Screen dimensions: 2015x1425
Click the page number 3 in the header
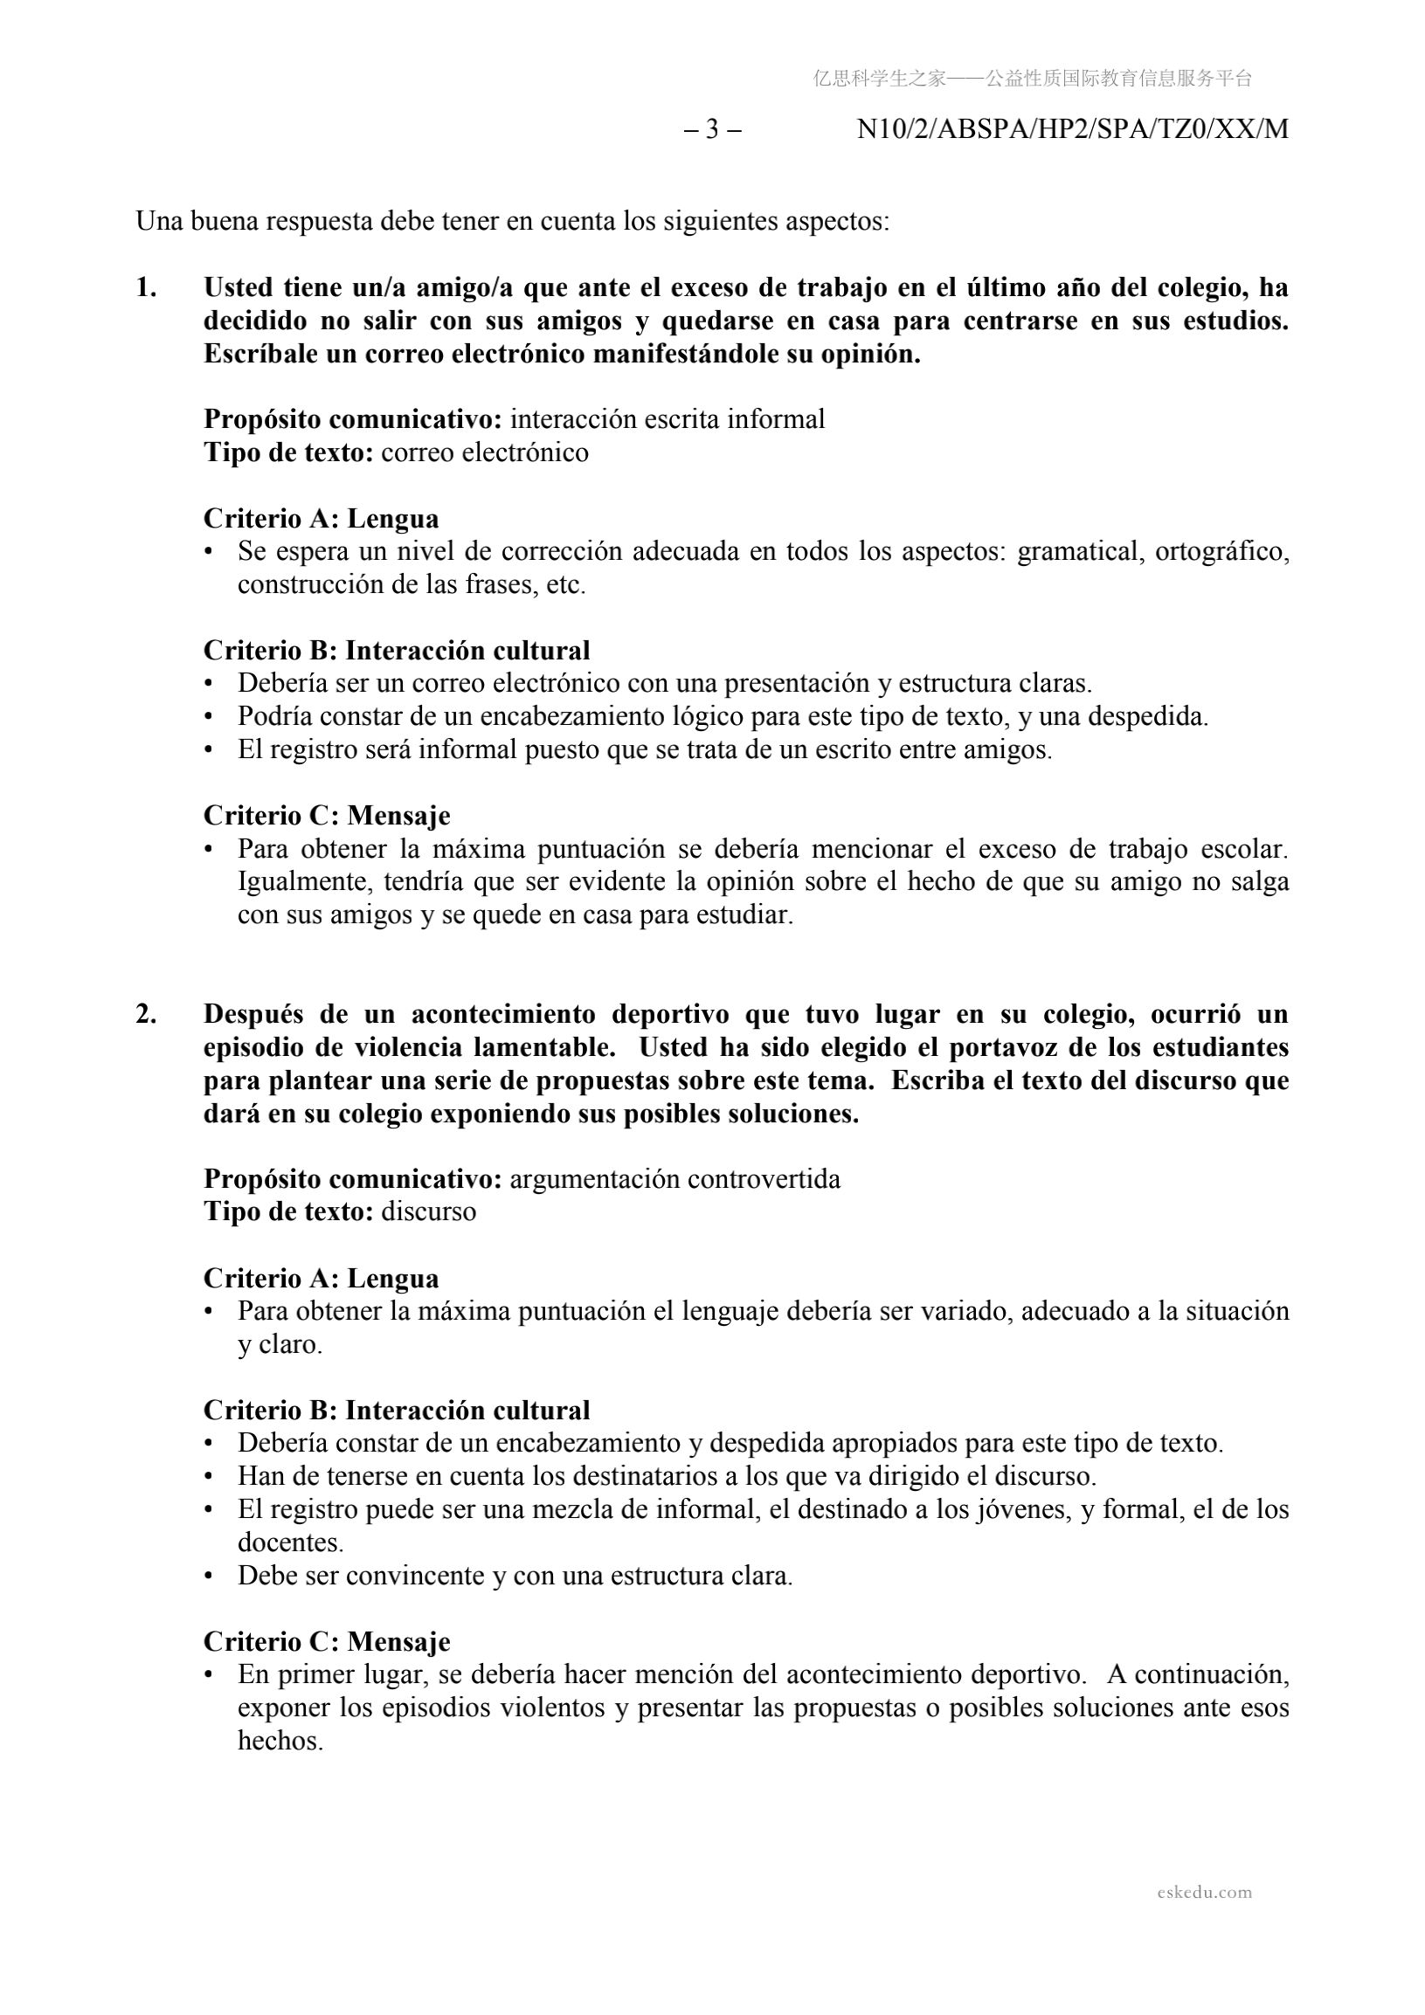pyautogui.click(x=712, y=130)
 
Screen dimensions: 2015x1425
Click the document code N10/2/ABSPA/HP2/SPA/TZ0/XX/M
pyautogui.click(x=1072, y=130)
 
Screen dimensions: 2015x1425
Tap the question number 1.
pyautogui.click(x=146, y=288)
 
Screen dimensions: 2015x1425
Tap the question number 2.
pyautogui.click(x=146, y=1014)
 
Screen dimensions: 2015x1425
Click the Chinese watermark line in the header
pyautogui.click(x=1032, y=79)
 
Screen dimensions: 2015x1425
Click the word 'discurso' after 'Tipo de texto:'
pyautogui.click(x=428, y=1212)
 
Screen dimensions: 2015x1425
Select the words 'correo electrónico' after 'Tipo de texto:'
pyautogui.click(x=485, y=452)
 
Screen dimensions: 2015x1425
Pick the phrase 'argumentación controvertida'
pyautogui.click(x=674, y=1178)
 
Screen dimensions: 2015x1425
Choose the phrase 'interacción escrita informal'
pyautogui.click(x=668, y=419)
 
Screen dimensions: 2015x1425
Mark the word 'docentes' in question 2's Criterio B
pyautogui.click(x=290, y=1542)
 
